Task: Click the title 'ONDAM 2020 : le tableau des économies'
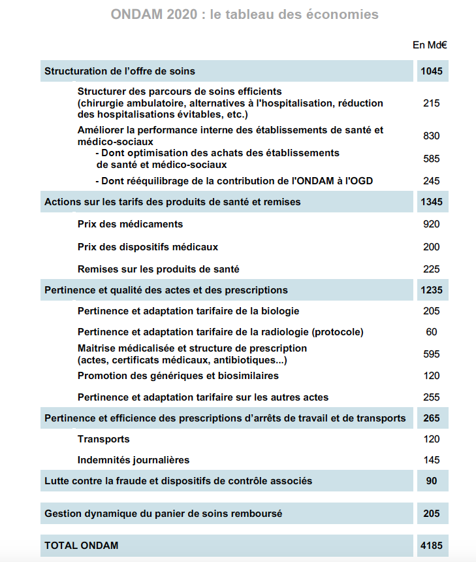245,14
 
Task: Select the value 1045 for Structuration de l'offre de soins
432,71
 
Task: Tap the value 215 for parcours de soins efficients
432,103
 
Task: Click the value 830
432,136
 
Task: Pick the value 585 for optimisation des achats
432,159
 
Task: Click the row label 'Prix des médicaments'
130,224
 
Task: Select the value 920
432,224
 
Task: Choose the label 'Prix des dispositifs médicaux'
148,247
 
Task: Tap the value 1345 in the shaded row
432,202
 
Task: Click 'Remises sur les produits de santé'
158,269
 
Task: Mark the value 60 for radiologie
432,332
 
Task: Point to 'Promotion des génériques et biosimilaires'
178,376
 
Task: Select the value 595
432,354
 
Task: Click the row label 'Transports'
103,439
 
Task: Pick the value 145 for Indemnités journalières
432,460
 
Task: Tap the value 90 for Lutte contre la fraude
432,481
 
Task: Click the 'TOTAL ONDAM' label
82,544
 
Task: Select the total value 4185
432,544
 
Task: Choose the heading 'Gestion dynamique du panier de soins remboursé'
163,514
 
